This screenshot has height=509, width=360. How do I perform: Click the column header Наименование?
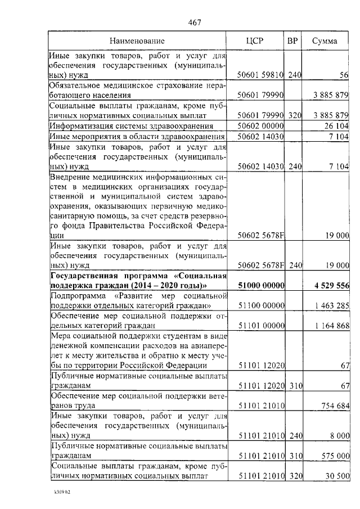coord(137,41)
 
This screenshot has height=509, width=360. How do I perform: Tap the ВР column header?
coord(292,41)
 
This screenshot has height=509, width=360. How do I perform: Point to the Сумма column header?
coord(325,41)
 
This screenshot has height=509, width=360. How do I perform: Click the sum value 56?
coord(344,75)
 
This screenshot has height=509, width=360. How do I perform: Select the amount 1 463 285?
coord(332,306)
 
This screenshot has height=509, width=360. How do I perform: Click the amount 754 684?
coord(335,406)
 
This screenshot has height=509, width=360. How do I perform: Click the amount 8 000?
coord(340,436)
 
